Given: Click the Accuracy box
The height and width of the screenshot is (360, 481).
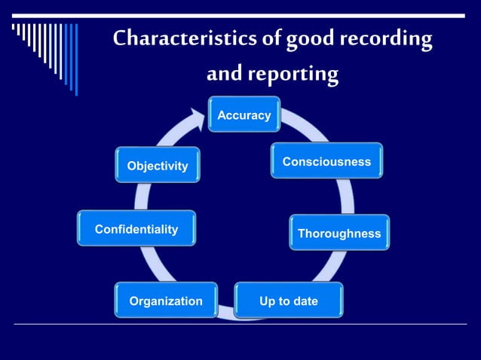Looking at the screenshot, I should pyautogui.click(x=244, y=114).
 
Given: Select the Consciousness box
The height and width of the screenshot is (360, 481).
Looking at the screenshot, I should pyautogui.click(x=326, y=161).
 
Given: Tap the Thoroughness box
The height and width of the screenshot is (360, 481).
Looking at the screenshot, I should pyautogui.click(x=339, y=233).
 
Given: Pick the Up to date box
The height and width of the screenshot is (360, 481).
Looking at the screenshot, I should pyautogui.click(x=289, y=301).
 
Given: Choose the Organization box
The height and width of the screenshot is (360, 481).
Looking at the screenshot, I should pyautogui.click(x=166, y=301).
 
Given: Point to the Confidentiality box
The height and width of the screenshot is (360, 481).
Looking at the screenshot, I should pyautogui.click(x=136, y=228).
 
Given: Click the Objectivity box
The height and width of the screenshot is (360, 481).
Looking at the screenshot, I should pyautogui.click(x=158, y=165).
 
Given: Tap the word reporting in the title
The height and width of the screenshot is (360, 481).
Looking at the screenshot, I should pyautogui.click(x=293, y=75).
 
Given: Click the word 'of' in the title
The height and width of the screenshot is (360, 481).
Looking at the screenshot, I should pyautogui.click(x=266, y=39).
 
